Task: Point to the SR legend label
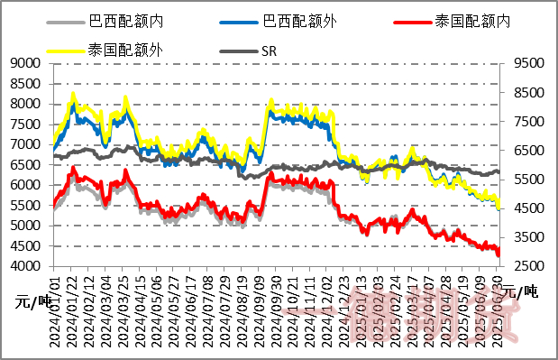269,51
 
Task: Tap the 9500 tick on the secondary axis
526,63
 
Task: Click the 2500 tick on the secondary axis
526,266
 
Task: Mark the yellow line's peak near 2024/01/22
74,93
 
